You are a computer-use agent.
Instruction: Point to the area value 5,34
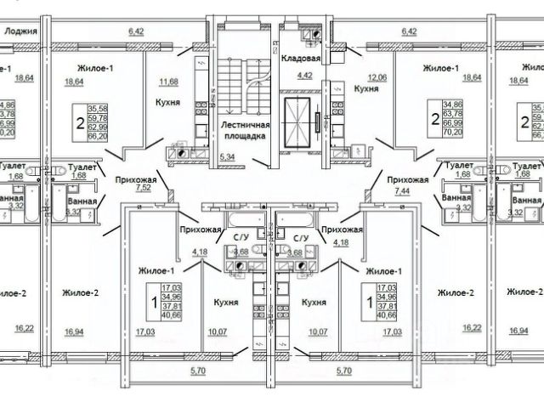coord(226,157)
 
